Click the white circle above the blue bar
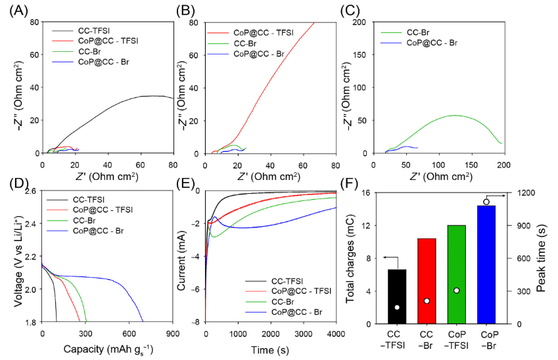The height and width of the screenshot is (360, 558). [x=486, y=202]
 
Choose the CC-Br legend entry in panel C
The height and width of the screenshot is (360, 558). [x=421, y=30]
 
